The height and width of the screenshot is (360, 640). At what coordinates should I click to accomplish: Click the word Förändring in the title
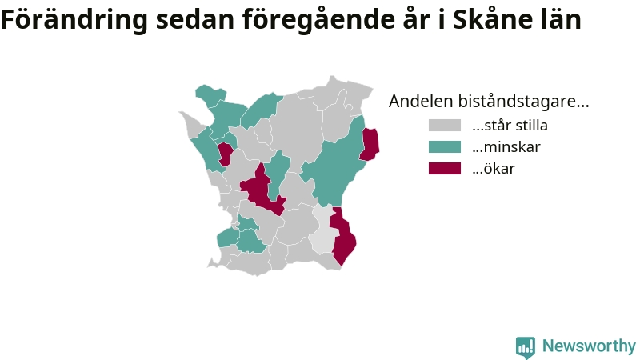pyautogui.click(x=74, y=19)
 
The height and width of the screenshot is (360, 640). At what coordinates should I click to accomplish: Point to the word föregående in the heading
pyautogui.click(x=318, y=19)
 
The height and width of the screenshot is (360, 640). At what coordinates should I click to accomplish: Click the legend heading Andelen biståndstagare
pyautogui.click(x=489, y=102)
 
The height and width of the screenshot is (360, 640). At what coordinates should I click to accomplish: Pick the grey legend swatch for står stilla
pyautogui.click(x=445, y=126)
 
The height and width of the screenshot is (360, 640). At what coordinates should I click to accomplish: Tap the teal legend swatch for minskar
pyautogui.click(x=445, y=147)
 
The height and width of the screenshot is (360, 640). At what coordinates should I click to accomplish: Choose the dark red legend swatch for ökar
pyautogui.click(x=445, y=169)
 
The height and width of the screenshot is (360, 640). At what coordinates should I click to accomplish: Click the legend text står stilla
pyautogui.click(x=510, y=126)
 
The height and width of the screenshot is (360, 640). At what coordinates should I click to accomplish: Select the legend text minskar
pyautogui.click(x=506, y=147)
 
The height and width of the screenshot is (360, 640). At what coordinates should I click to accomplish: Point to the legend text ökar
pyautogui.click(x=494, y=169)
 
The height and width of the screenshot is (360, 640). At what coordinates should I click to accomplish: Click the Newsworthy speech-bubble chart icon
pyautogui.click(x=526, y=347)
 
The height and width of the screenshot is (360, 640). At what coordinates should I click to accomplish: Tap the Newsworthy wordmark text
pyautogui.click(x=589, y=346)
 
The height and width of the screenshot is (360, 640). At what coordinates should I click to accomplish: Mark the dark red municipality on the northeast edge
pyautogui.click(x=370, y=144)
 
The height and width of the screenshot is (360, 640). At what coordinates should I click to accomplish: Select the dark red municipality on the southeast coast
pyautogui.click(x=343, y=237)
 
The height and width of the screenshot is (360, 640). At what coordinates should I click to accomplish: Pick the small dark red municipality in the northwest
pyautogui.click(x=225, y=154)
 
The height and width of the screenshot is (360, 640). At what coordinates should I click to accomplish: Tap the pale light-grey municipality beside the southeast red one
pyautogui.click(x=324, y=230)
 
